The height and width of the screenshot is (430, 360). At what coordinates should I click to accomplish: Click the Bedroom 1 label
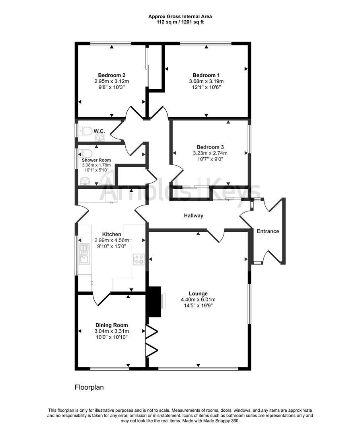point(206,75)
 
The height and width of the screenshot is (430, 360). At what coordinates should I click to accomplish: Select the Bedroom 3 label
point(210,147)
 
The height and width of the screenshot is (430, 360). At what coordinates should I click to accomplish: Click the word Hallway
point(193,216)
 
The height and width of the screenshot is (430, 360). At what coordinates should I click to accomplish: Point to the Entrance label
point(267,231)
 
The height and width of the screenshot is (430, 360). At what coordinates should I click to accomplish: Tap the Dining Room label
point(111,325)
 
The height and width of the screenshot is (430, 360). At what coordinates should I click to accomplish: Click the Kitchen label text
point(111,235)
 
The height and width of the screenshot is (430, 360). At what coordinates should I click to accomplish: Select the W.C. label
point(99,131)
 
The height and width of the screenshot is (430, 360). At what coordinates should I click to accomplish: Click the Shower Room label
point(97,160)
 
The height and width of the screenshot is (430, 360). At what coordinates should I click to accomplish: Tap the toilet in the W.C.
point(85,131)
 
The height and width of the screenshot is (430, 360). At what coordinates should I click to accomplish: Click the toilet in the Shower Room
point(85,153)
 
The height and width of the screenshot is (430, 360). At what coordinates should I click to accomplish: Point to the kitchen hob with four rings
point(138,260)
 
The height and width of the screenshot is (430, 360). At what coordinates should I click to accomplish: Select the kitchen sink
point(84,255)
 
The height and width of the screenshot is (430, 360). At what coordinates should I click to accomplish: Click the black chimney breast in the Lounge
point(154,301)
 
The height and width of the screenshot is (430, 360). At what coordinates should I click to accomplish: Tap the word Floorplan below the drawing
point(89,387)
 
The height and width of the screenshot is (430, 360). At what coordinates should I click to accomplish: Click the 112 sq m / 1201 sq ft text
point(180,22)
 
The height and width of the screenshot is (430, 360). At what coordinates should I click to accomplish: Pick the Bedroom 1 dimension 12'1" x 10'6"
point(206,87)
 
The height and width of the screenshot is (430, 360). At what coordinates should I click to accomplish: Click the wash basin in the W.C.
point(100,138)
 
